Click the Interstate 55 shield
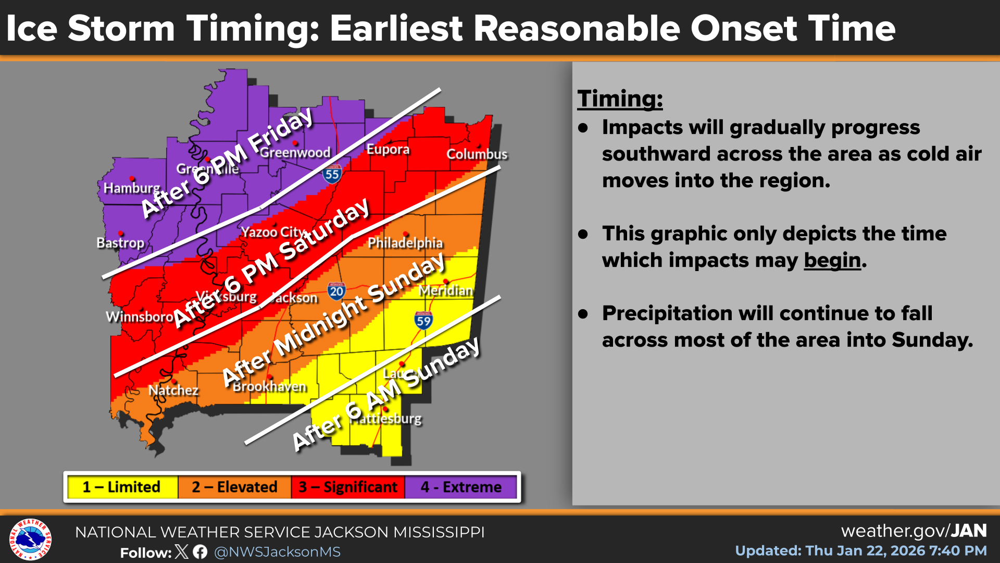click(x=332, y=174)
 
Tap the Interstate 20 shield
click(x=336, y=291)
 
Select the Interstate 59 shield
click(x=423, y=320)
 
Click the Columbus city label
click(x=477, y=154)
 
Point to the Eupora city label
click(x=388, y=150)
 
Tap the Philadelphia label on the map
click(x=405, y=243)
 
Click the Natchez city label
click(x=173, y=390)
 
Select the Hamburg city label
click(x=132, y=188)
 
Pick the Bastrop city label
click(x=120, y=243)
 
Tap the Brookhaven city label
click(x=270, y=387)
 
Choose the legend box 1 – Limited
click(x=122, y=487)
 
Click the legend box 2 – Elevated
click(x=234, y=487)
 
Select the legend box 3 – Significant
click(x=348, y=487)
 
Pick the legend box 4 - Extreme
click(x=461, y=487)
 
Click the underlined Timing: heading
click(x=620, y=99)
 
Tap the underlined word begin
click(x=832, y=260)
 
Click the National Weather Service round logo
click(x=30, y=539)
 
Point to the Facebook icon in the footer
click(x=200, y=552)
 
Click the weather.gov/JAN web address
click(x=914, y=531)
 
